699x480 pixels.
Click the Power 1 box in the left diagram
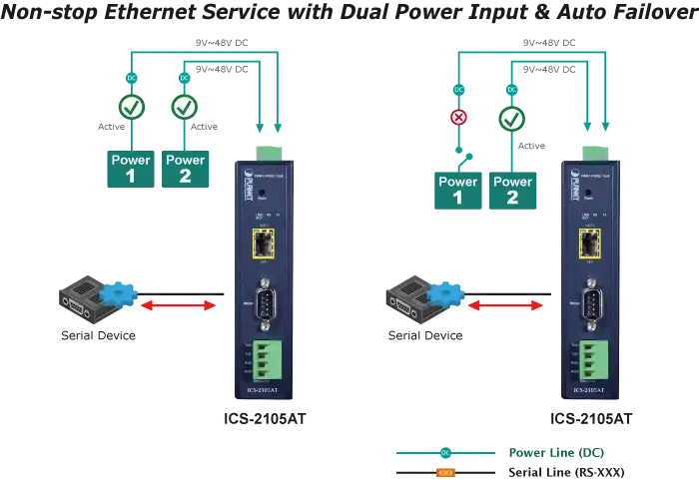click(x=131, y=168)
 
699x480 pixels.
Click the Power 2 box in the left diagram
click(x=185, y=168)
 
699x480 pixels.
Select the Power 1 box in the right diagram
click(x=458, y=190)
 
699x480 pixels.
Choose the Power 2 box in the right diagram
click(x=513, y=190)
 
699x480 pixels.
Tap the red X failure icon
click(x=458, y=118)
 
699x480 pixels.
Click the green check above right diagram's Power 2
click(x=512, y=120)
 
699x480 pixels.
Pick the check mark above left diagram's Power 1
click(x=131, y=107)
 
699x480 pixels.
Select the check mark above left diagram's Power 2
click(x=185, y=107)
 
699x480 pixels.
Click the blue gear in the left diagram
click(x=122, y=292)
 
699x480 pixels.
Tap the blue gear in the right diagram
click(x=448, y=292)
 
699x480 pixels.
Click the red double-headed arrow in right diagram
click(x=505, y=305)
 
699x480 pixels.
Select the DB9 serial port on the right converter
click(x=592, y=301)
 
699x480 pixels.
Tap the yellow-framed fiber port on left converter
click(x=265, y=242)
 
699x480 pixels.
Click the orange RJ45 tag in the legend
click(x=445, y=472)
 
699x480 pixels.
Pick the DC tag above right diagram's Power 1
click(x=458, y=90)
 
